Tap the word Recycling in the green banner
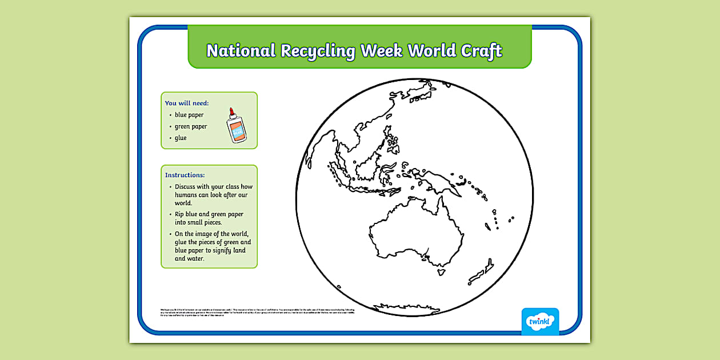tap(318, 51)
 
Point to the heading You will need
tap(187, 103)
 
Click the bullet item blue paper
tap(189, 115)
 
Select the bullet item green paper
tap(191, 126)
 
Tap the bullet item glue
tap(181, 138)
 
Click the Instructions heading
tap(185, 175)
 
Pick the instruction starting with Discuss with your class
tap(213, 194)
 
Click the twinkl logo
tap(540, 321)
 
